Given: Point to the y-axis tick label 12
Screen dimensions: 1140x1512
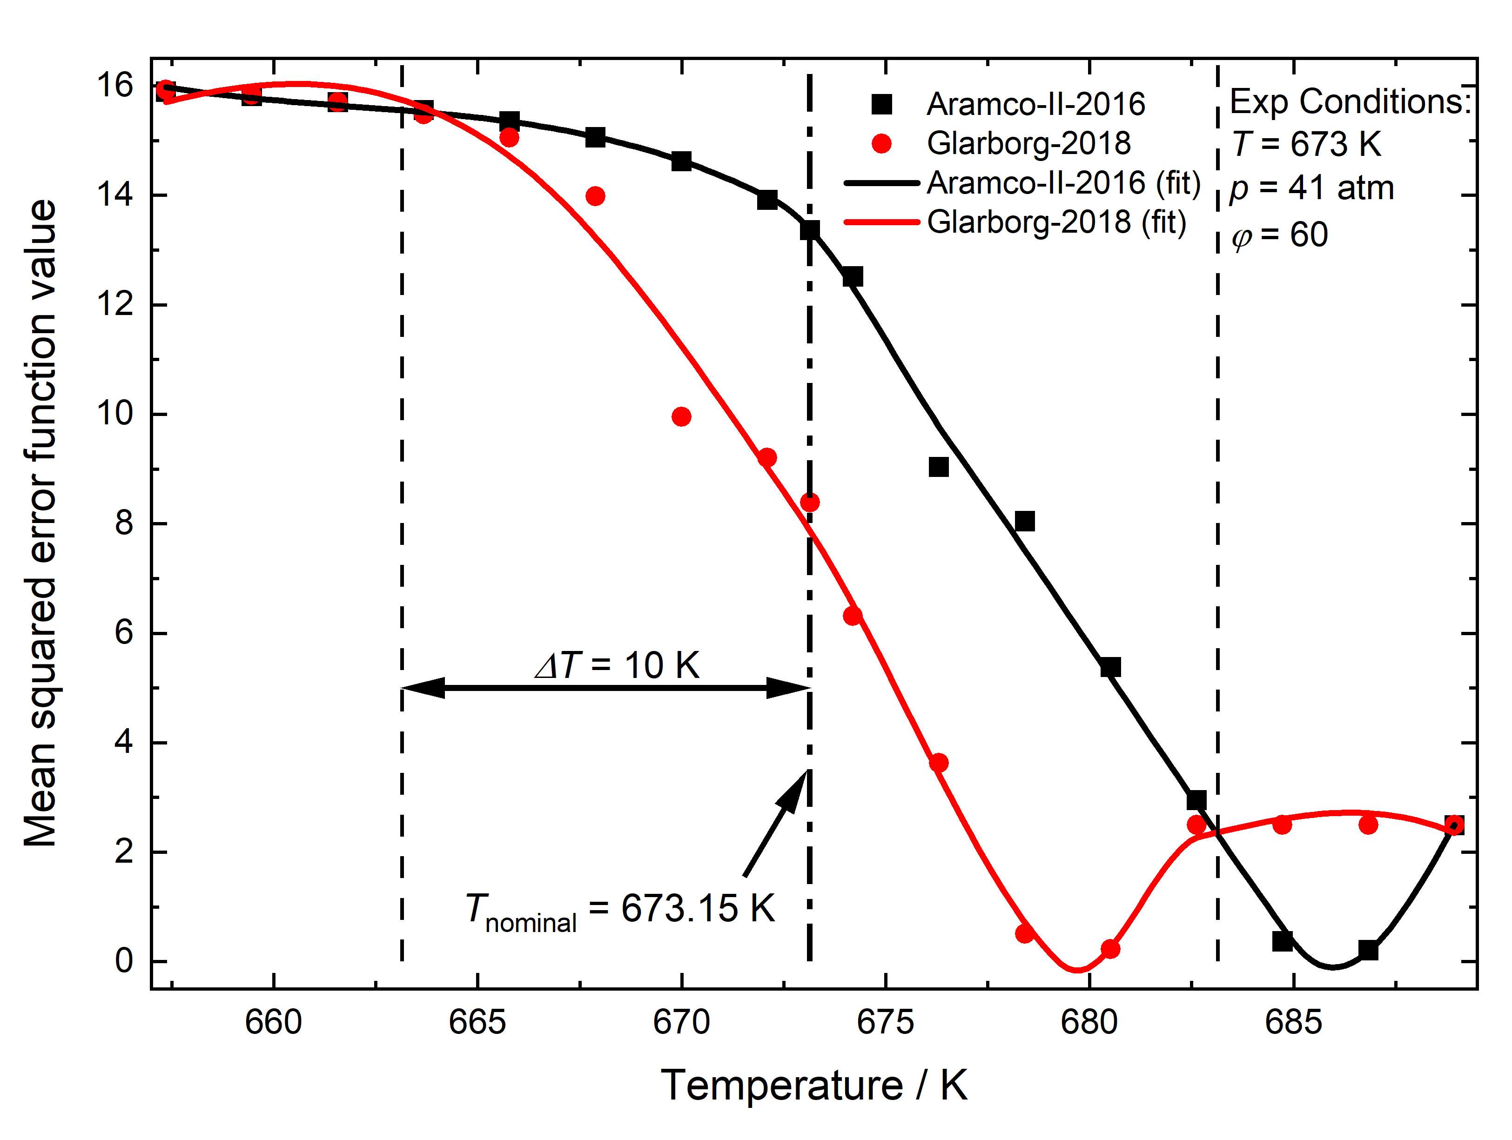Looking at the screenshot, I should click(115, 304).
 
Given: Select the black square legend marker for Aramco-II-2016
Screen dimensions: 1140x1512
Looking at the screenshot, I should click(882, 104).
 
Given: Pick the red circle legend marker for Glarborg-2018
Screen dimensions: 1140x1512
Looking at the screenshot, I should click(882, 143).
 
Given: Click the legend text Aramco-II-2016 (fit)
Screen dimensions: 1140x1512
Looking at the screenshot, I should click(1063, 183).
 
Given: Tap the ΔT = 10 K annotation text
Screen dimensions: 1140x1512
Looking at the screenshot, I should click(617, 665).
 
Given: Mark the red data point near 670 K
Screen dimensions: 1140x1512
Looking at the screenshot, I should click(681, 416).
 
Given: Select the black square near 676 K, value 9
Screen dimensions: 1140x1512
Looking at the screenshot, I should click(939, 467).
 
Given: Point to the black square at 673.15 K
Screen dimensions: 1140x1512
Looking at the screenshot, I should click(809, 230).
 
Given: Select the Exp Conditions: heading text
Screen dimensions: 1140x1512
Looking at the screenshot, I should click(1349, 102).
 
